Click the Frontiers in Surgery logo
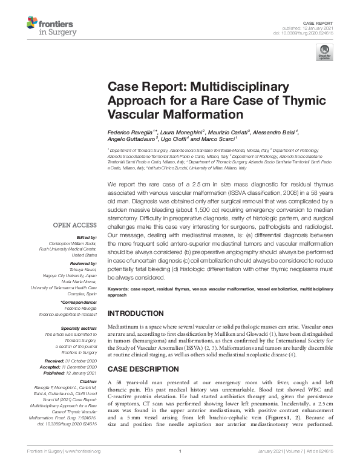tap(50, 26)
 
